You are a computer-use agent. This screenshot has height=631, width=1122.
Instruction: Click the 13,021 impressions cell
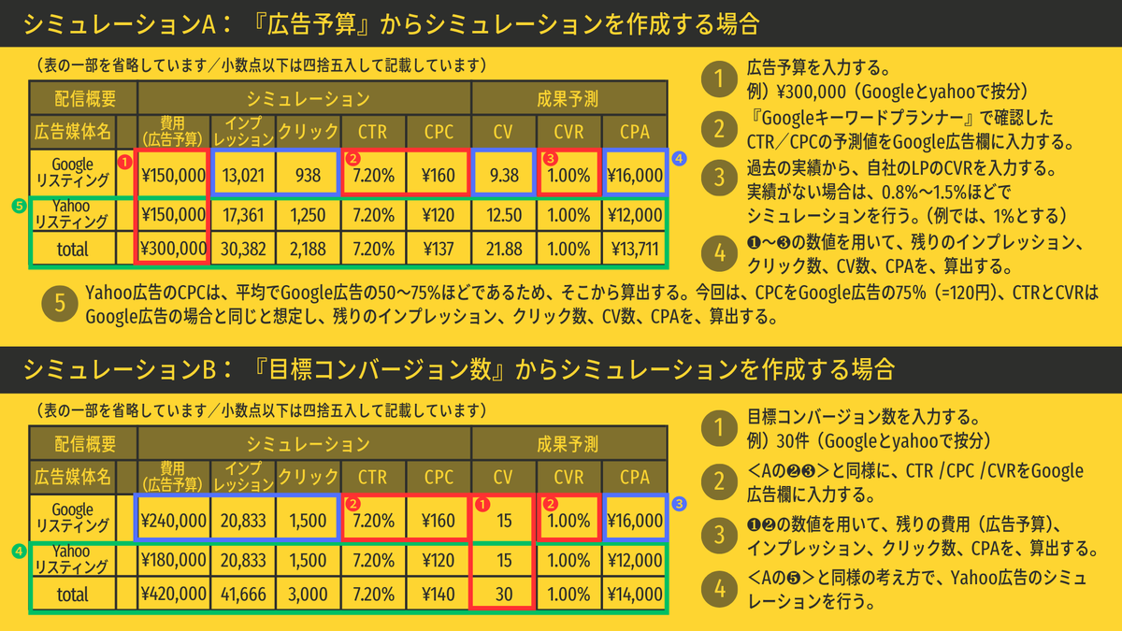click(x=244, y=174)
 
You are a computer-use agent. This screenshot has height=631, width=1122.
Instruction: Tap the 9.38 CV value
click(x=503, y=174)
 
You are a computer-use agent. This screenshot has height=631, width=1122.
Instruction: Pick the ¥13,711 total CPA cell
click(x=635, y=250)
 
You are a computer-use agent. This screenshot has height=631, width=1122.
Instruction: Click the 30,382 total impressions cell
click(x=244, y=250)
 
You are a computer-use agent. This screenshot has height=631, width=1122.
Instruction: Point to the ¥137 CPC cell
click(x=438, y=250)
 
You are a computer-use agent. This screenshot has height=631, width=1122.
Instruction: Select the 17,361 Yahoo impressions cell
click(x=244, y=213)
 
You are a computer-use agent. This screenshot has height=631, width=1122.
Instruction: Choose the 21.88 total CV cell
click(x=503, y=250)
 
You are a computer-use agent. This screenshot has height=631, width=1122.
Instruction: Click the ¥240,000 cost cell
click(x=173, y=519)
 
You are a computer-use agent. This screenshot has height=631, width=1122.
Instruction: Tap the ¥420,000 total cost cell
click(x=173, y=594)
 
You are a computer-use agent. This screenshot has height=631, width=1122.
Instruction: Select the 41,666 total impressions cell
click(x=244, y=594)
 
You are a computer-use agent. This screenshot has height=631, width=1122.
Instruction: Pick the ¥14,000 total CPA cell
click(x=635, y=594)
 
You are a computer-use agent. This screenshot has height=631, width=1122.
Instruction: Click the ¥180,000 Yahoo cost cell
click(x=173, y=558)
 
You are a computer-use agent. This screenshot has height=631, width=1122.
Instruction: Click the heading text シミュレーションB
click(x=122, y=368)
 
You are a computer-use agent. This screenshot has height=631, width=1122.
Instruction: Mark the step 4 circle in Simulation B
click(x=718, y=590)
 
